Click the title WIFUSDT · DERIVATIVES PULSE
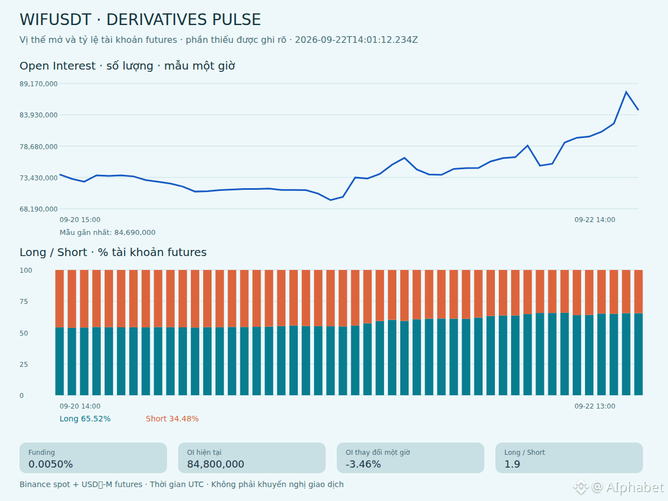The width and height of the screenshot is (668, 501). tap(140, 19)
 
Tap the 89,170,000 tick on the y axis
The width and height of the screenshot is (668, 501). tap(38, 83)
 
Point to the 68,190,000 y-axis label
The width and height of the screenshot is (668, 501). tap(38, 209)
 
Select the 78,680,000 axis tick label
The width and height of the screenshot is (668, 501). tap(38, 146)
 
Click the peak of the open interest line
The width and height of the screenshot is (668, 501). tap(626, 91)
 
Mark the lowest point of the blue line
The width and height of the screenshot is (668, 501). tap(331, 200)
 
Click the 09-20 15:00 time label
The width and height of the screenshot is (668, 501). tap(80, 220)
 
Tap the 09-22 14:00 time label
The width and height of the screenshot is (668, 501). tap(595, 220)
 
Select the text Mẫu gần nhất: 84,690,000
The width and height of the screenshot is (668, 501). tap(107, 232)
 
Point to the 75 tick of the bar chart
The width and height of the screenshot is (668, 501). tap(24, 302)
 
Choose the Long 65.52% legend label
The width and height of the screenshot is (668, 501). tap(85, 419)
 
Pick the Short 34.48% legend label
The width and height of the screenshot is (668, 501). tap(172, 419)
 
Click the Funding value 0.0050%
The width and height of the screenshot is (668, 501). tap(51, 464)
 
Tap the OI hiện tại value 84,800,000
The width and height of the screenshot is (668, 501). tap(215, 464)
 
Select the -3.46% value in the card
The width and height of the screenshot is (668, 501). tap(363, 464)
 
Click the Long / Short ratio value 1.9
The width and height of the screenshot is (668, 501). tap(512, 464)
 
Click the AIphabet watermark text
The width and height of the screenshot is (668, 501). tap(635, 487)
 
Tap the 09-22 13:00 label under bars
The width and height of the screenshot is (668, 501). tap(595, 406)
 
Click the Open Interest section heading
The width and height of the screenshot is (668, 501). tap(127, 66)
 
